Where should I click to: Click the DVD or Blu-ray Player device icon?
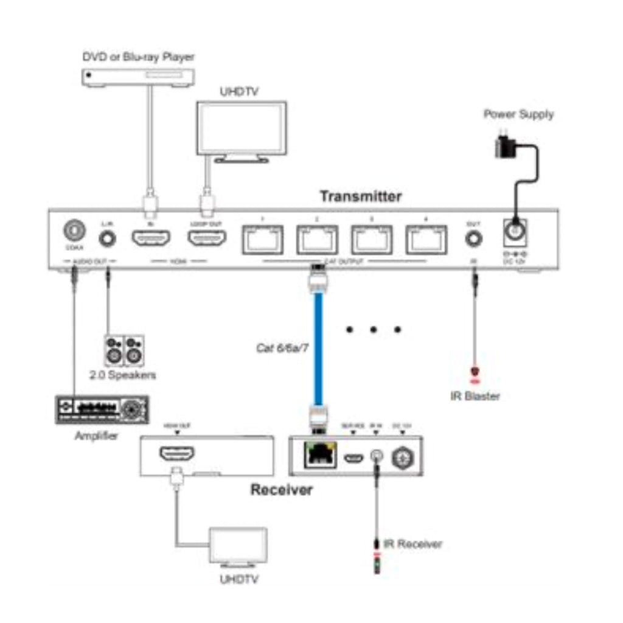pos(138,77)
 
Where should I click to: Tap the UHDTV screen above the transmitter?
pos(241,128)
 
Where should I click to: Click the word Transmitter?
pos(361,197)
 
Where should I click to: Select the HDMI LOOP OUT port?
pos(207,238)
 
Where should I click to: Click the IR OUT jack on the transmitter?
pos(473,238)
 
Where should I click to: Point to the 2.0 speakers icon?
pos(124,349)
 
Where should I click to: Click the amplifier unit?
pos(102,409)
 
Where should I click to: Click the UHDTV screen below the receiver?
pos(238,545)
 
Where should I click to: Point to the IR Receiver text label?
pos(412,543)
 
